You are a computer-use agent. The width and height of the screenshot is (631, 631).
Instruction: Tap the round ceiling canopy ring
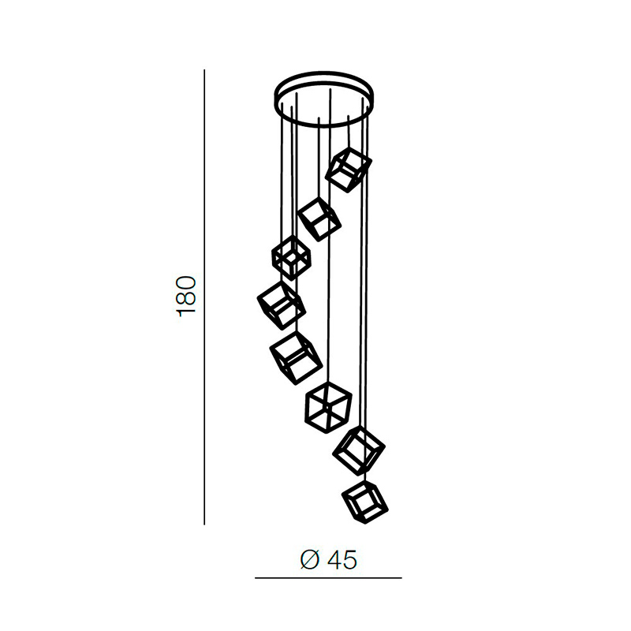324,75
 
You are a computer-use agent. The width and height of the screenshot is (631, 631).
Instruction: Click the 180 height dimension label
186,297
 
